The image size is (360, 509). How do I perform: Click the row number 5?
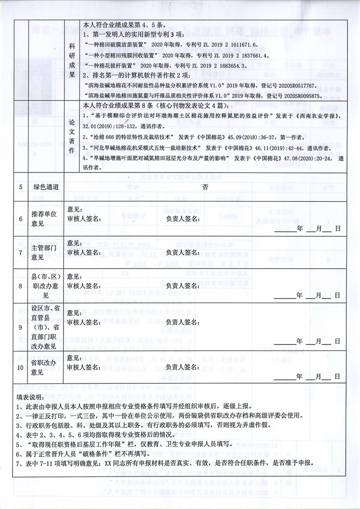21,186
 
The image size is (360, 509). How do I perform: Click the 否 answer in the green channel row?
205,186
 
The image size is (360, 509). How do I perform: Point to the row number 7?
21,253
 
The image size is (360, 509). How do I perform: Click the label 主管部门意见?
44,253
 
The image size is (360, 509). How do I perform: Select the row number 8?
21,286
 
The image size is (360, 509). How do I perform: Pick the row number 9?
21,327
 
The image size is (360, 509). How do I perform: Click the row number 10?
21,367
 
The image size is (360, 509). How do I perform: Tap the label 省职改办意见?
44,367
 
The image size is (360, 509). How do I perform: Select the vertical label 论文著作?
71,136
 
